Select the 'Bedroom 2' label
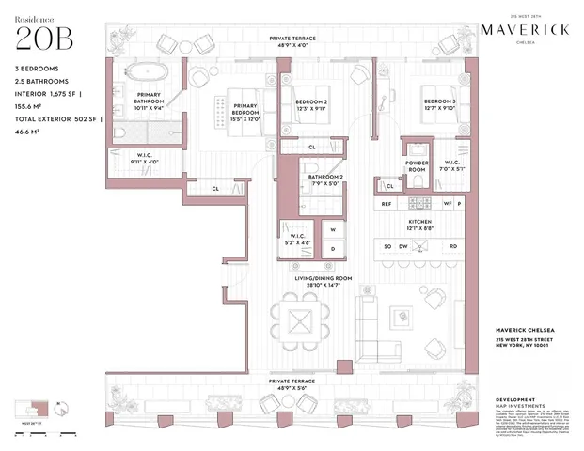[x=312, y=102]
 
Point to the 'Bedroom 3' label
[x=439, y=102]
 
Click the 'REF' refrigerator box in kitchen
[x=387, y=203]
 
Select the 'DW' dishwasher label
[x=403, y=246]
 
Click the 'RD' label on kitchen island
[x=452, y=246]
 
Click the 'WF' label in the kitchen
[x=449, y=203]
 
